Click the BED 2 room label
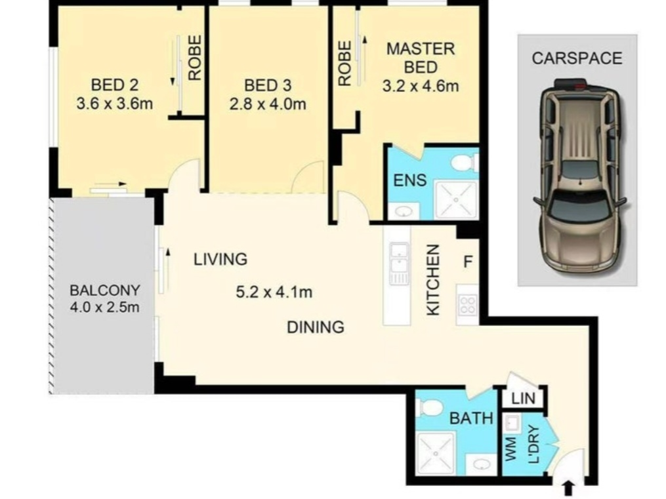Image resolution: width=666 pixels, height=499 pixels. [x=115, y=85]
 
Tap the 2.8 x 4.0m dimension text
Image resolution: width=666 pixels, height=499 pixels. [x=268, y=104]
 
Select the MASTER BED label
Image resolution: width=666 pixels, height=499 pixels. [x=421, y=58]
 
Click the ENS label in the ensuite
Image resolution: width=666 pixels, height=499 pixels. [x=410, y=180]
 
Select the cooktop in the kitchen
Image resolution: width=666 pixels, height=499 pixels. [x=468, y=304]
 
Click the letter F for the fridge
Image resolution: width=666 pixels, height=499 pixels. [x=468, y=262]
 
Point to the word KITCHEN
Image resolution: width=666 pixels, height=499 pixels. [x=433, y=280]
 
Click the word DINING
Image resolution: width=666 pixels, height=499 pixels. [x=316, y=327]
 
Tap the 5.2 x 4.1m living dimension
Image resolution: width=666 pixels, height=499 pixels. [x=274, y=292]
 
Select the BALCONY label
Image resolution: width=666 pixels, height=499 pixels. [x=104, y=290]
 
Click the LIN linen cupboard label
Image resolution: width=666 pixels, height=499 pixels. [x=524, y=399]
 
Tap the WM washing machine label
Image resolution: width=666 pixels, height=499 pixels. [x=510, y=449]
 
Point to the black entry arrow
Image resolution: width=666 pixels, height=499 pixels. [x=570, y=489]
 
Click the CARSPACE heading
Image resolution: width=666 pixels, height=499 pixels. [x=577, y=58]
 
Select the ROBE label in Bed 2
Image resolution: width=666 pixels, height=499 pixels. [x=194, y=58]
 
